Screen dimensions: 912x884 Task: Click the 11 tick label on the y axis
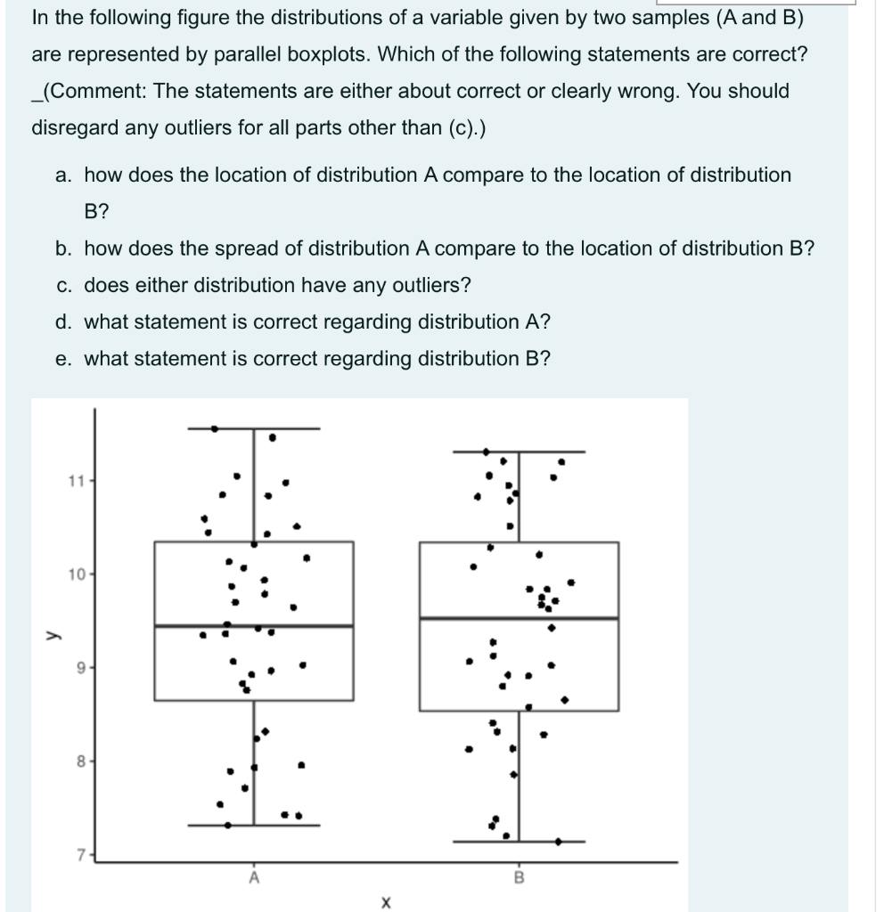coord(74,481)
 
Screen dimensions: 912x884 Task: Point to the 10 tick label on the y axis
coord(74,574)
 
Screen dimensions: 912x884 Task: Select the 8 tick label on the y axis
coord(78,761)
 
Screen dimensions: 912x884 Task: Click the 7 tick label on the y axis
coord(78,856)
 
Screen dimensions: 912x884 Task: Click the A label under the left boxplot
coord(254,877)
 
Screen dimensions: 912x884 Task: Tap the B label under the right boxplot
coord(519,877)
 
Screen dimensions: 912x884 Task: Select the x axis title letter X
coord(385,902)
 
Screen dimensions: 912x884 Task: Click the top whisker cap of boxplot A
coord(254,428)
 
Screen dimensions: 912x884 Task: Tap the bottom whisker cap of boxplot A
coord(254,826)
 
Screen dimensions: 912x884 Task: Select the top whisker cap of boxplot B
coord(519,452)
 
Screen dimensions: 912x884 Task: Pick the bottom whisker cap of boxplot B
coord(519,841)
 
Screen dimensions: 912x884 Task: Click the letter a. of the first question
coord(62,175)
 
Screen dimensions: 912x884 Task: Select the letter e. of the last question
coord(62,359)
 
